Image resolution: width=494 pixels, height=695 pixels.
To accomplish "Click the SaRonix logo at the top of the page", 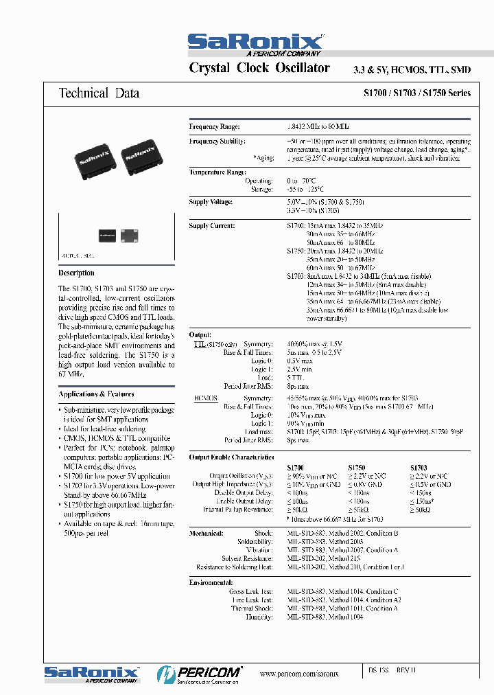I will pyautogui.click(x=255, y=43).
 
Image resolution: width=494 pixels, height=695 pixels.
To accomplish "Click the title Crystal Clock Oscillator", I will pyautogui.click(x=259, y=68).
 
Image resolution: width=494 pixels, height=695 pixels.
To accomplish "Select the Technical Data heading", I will pyautogui.click(x=99, y=93).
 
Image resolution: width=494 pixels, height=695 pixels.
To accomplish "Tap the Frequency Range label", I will pyautogui.click(x=214, y=127).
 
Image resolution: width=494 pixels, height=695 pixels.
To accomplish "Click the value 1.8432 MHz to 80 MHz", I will pyautogui.click(x=318, y=127).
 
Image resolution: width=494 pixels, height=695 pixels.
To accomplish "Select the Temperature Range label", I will pyautogui.click(x=217, y=172).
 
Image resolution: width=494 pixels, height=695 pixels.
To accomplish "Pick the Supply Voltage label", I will pyautogui.click(x=211, y=203).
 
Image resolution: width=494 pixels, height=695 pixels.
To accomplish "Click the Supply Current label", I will pyautogui.click(x=212, y=226).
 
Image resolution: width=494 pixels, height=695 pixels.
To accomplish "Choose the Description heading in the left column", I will pyautogui.click(x=77, y=273).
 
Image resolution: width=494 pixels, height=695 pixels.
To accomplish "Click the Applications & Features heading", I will pyautogui.click(x=96, y=394).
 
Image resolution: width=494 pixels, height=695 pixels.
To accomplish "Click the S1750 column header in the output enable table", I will pyautogui.click(x=357, y=468).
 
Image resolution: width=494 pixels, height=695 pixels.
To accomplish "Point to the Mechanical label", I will pyautogui.click(x=207, y=533).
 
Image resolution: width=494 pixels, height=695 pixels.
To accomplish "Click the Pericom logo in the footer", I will pyautogui.click(x=199, y=673).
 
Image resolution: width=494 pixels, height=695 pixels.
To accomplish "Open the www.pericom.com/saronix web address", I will pyautogui.click(x=299, y=674).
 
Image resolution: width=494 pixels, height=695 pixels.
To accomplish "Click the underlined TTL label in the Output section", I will pyautogui.click(x=200, y=343).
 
